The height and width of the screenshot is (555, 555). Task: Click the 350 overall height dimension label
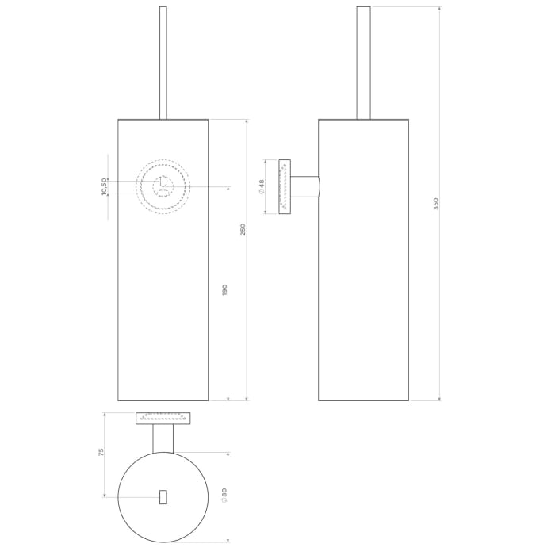pos(435,204)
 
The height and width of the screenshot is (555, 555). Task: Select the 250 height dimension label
pos(243,229)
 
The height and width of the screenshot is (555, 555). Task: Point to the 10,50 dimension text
pos(104,186)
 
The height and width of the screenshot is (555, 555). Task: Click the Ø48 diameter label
pos(262,186)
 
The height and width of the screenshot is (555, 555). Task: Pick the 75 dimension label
pos(101,452)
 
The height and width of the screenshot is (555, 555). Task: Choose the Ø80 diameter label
pos(224,497)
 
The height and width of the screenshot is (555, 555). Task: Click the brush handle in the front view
pos(163,63)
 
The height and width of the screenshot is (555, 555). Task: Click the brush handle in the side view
pos(363,63)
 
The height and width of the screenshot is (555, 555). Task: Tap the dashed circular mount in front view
pos(163,187)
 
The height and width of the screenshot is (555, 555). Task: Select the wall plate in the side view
pos(284,186)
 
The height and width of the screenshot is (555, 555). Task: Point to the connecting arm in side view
pos(304,186)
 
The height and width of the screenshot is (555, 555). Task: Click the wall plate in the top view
pos(163,418)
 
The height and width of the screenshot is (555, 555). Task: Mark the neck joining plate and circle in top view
pos(163,438)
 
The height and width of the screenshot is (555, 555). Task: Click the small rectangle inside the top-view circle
pos(163,496)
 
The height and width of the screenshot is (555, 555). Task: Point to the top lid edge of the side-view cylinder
pos(363,120)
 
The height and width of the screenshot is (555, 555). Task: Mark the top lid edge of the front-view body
pos(163,120)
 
